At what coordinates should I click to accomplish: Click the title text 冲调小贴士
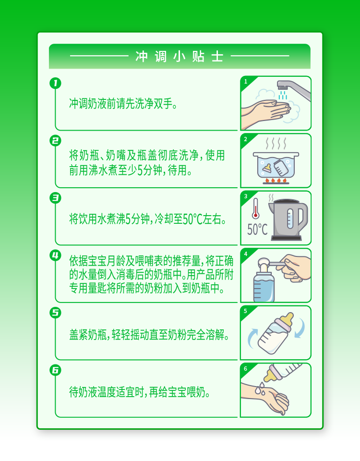pyautogui.click(x=179, y=57)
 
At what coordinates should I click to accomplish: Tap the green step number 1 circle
pyautogui.click(x=55, y=83)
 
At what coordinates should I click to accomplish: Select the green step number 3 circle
pyautogui.click(x=55, y=198)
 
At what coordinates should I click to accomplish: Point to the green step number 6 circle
pyautogui.click(x=55, y=370)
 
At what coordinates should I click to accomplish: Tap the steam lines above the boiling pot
pyautogui.click(x=276, y=144)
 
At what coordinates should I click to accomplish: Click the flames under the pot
pyautogui.click(x=276, y=180)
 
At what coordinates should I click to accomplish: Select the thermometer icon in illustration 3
pyautogui.click(x=255, y=208)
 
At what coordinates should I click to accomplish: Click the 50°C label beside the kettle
pyautogui.click(x=257, y=230)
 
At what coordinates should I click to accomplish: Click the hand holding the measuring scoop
pyautogui.click(x=295, y=268)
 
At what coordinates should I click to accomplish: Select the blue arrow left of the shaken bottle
pyautogui.click(x=252, y=339)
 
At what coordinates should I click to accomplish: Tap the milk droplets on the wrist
pyautogui.click(x=260, y=388)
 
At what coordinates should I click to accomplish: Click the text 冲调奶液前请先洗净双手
pyautogui.click(x=123, y=104)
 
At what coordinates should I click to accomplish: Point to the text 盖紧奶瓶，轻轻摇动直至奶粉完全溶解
pyautogui.click(x=149, y=335)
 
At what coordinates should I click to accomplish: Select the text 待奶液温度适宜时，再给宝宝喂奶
pyautogui.click(x=140, y=392)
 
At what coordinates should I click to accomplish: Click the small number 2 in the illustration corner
pyautogui.click(x=246, y=139)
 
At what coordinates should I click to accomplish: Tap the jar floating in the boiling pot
pyautogui.click(x=281, y=168)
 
